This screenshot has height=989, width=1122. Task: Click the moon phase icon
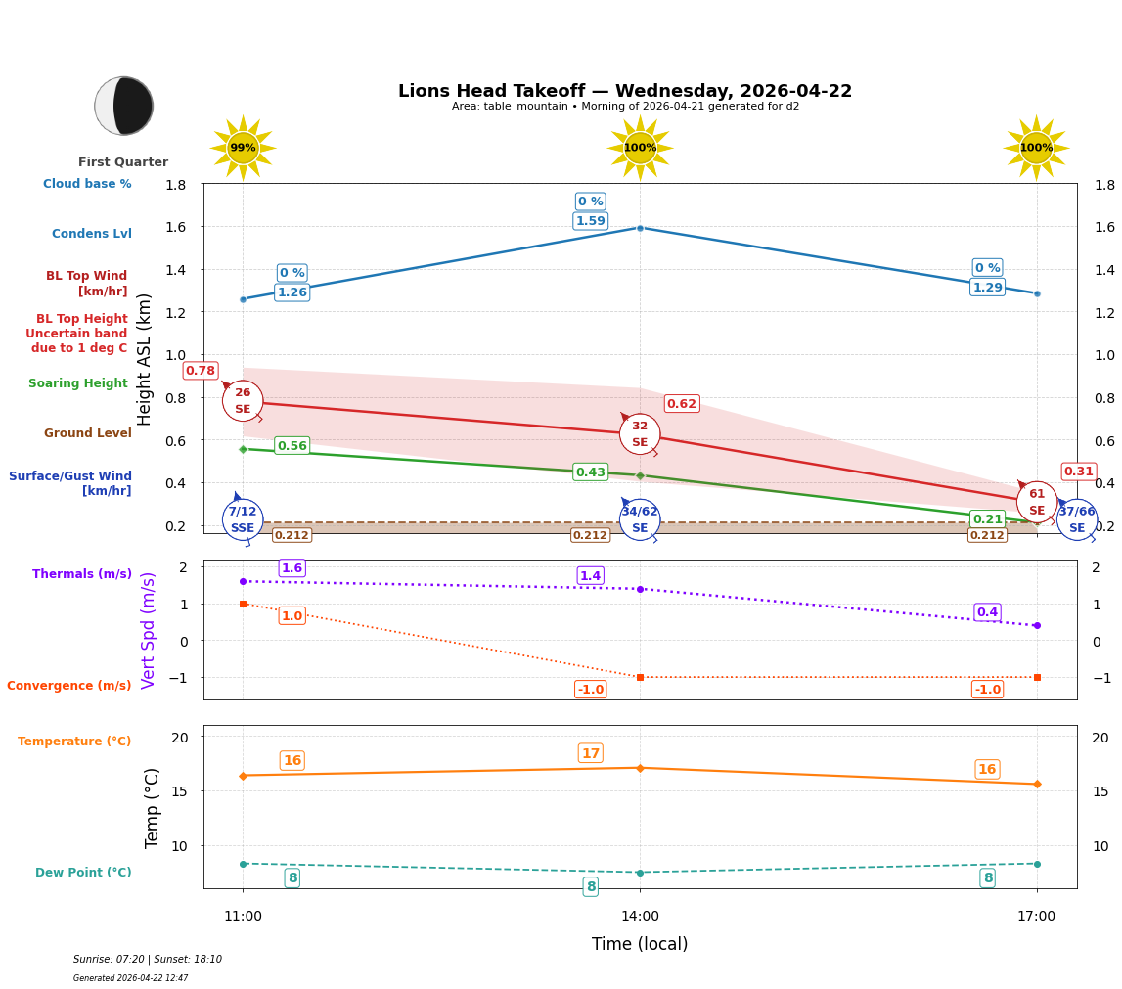(x=124, y=106)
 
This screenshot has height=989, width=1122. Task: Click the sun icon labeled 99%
(x=243, y=148)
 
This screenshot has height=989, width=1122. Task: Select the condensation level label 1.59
(x=590, y=221)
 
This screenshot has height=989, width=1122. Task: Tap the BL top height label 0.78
(x=201, y=371)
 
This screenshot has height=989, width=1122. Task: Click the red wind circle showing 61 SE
(x=1036, y=502)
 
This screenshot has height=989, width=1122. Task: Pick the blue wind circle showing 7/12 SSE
(x=243, y=519)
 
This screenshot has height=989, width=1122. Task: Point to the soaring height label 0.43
(x=590, y=472)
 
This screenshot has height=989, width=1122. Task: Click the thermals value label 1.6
(x=292, y=568)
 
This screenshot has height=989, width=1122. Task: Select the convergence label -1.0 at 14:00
(x=590, y=690)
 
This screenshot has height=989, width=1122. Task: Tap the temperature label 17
(x=590, y=753)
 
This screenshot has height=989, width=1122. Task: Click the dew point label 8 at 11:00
(x=292, y=878)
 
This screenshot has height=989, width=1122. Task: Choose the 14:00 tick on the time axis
(x=640, y=917)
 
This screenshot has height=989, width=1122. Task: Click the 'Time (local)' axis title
(x=640, y=944)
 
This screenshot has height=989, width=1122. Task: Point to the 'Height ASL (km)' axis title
(x=145, y=359)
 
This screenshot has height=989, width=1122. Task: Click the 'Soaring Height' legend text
(x=78, y=383)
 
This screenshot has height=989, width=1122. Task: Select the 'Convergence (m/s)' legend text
(x=69, y=686)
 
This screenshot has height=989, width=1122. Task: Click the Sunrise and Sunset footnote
(x=148, y=960)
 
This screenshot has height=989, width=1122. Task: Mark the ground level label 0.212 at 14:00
(x=590, y=535)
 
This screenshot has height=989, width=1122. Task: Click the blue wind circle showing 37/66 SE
(x=1076, y=519)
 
